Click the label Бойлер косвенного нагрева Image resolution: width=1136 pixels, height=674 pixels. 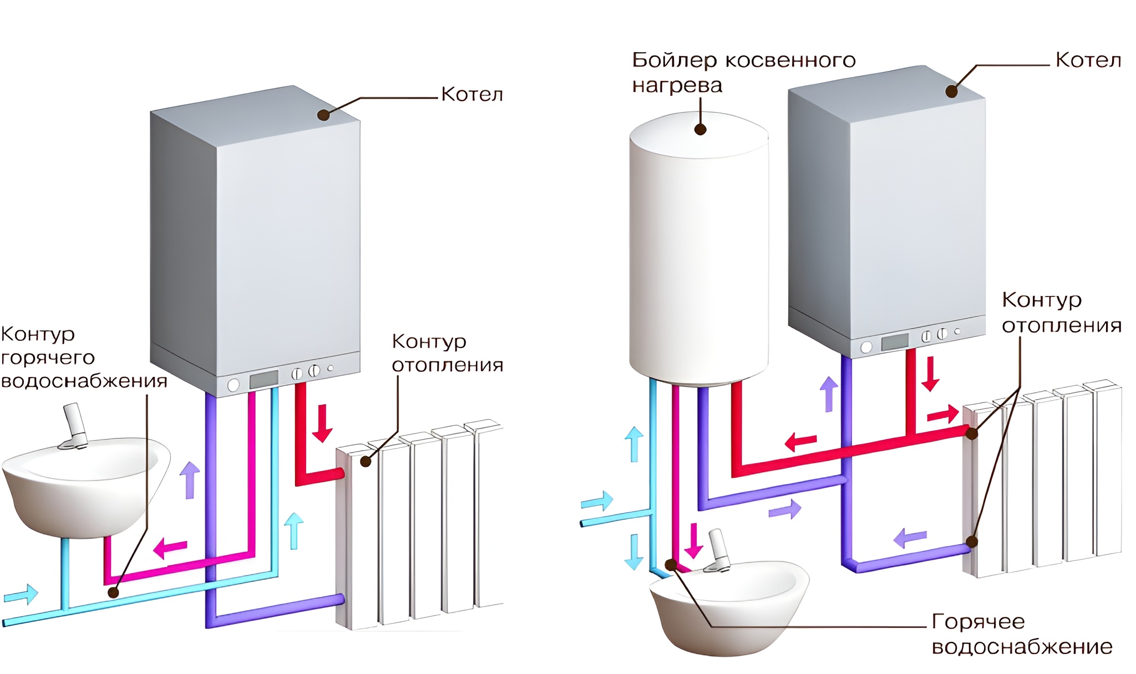(743, 72)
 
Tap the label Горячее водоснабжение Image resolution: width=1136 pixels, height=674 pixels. (1022, 634)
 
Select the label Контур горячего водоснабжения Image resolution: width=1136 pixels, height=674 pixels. (83, 358)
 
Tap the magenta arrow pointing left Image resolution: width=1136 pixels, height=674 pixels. (170, 548)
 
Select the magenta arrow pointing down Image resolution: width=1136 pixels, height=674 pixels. (693, 540)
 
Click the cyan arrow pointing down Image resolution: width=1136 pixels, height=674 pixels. (634, 552)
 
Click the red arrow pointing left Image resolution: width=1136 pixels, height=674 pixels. (800, 442)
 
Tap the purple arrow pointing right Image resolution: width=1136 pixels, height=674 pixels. (785, 509)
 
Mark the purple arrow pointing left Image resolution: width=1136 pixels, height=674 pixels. (910, 537)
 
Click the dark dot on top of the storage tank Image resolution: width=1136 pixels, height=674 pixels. (700, 130)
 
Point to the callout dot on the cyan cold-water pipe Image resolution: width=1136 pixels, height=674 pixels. (113, 592)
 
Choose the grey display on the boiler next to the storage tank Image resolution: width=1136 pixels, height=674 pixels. (895, 341)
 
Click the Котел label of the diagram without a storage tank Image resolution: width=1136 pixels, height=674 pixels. (472, 95)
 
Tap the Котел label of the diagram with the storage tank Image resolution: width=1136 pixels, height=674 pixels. (1088, 60)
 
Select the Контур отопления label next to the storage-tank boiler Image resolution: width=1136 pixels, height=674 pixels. (1061, 312)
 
